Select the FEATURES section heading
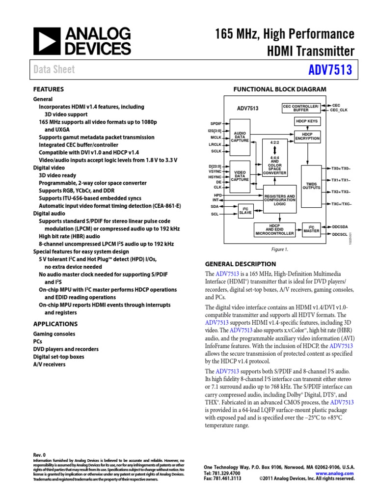[x=48, y=89]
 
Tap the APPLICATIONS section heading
[x=55, y=324]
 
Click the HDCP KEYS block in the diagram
[x=307, y=121]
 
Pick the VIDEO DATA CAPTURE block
[x=240, y=176]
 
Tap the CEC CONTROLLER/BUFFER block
[x=301, y=108]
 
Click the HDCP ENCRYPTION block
[x=307, y=137]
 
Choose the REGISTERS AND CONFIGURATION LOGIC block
[x=279, y=199]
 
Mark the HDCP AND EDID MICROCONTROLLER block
[x=274, y=229]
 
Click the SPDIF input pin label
[x=216, y=123]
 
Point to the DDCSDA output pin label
[x=340, y=226]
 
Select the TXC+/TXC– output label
[x=341, y=203]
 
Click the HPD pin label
[x=218, y=195]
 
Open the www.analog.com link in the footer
[x=338, y=472]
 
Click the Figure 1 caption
[x=279, y=249]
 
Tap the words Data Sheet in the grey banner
[x=54, y=70]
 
